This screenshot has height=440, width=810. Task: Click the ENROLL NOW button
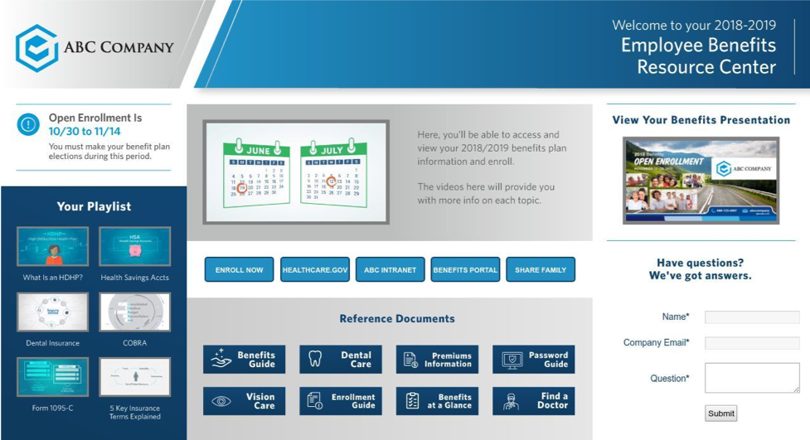(x=239, y=270)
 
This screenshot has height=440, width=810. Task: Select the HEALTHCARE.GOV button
(x=314, y=270)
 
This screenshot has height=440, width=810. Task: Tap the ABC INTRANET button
(x=390, y=270)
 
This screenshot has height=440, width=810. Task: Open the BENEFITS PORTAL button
(x=465, y=270)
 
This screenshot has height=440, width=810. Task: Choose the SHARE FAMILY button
(x=541, y=270)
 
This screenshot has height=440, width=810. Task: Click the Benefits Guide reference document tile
(x=244, y=360)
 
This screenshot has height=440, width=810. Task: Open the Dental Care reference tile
(x=341, y=360)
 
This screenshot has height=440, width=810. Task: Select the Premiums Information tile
(x=437, y=360)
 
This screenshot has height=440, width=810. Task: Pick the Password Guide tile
(x=533, y=360)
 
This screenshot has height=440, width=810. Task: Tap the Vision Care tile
(x=244, y=401)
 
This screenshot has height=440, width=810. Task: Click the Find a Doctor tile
(x=533, y=401)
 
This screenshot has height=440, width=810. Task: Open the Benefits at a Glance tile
(x=437, y=401)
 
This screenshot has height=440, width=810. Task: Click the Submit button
(x=720, y=413)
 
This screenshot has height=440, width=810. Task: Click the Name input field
(x=752, y=317)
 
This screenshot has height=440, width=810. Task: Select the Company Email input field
(x=752, y=343)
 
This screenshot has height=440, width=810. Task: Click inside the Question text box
(x=752, y=378)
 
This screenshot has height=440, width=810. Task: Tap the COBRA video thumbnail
(x=134, y=312)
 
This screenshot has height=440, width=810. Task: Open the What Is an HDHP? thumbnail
(x=52, y=246)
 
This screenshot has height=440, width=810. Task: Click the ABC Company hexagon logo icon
(x=36, y=47)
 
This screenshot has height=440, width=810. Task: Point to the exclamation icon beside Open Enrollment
(x=28, y=125)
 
